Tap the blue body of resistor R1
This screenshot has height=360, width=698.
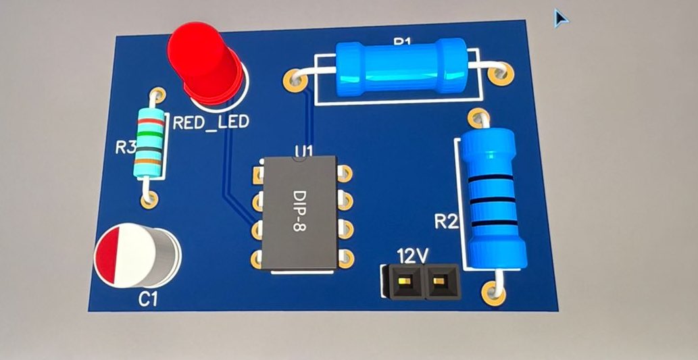pos(399,68)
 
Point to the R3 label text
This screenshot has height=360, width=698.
pos(126,147)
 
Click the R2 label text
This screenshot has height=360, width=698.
pos(447,221)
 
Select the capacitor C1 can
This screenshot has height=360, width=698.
pos(138,255)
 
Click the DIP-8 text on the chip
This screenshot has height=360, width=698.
pos(299,211)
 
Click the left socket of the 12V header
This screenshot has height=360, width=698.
pos(403,281)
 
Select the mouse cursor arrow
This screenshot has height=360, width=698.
pos(560,18)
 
